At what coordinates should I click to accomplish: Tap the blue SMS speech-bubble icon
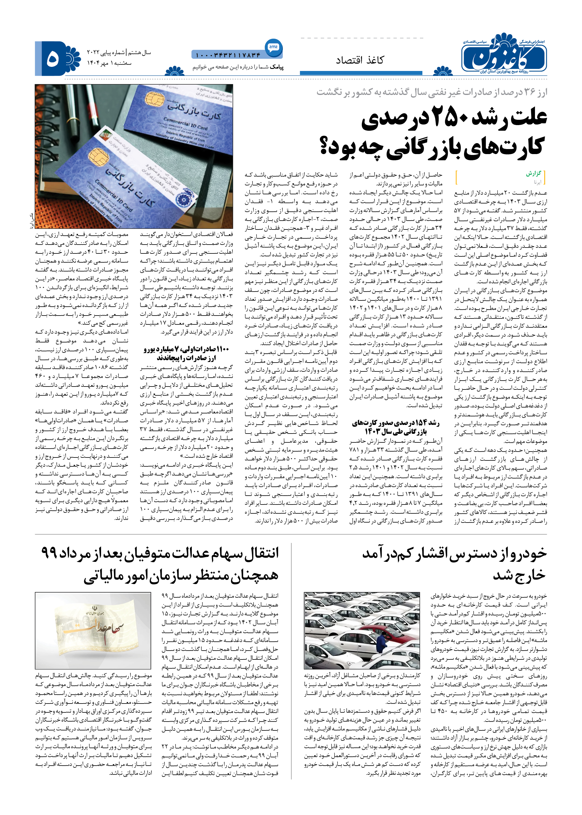(x=273, y=47)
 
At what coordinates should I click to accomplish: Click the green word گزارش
(x=533, y=174)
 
